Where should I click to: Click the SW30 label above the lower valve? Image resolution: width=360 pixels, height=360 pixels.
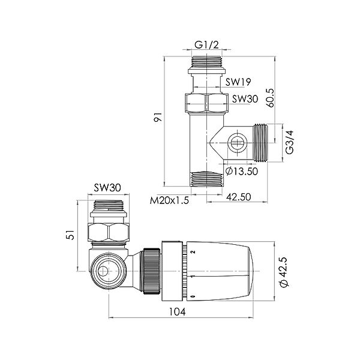tap(108, 189)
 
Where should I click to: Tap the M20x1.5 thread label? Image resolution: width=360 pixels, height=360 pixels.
tap(170, 201)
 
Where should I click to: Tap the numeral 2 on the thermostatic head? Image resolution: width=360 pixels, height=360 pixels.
tap(193, 253)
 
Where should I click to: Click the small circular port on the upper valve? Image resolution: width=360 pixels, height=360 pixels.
tap(235, 143)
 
